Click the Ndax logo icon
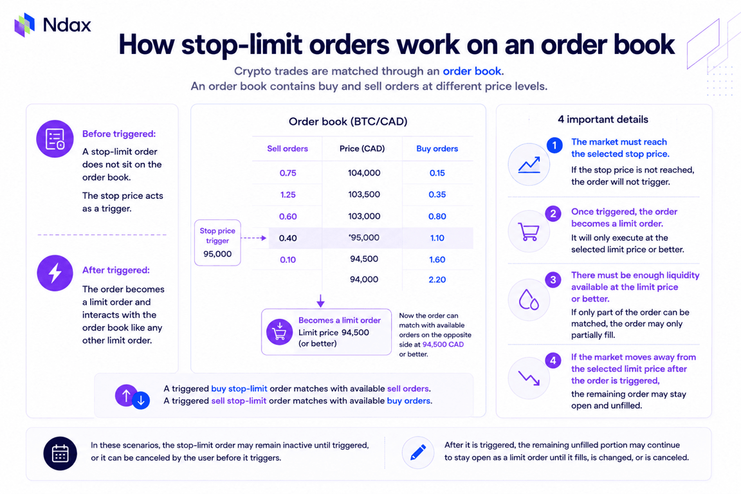(x=24, y=24)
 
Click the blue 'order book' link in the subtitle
(x=471, y=71)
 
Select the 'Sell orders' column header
(x=288, y=149)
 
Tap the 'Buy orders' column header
(x=437, y=149)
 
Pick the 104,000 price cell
(x=364, y=173)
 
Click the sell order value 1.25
(x=288, y=195)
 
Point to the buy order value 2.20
(x=437, y=279)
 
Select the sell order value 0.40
(x=288, y=238)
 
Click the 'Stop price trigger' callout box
(x=217, y=242)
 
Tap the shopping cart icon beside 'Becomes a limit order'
(x=279, y=332)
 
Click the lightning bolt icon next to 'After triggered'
(x=55, y=273)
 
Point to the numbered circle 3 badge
(x=553, y=280)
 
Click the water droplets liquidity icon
(x=529, y=300)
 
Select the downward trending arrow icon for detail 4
(x=529, y=378)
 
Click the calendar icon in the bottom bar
(x=60, y=453)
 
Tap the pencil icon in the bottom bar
(x=417, y=452)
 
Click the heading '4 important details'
(x=603, y=120)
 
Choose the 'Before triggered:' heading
(x=118, y=134)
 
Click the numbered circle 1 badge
(x=554, y=145)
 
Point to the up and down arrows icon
(x=133, y=396)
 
